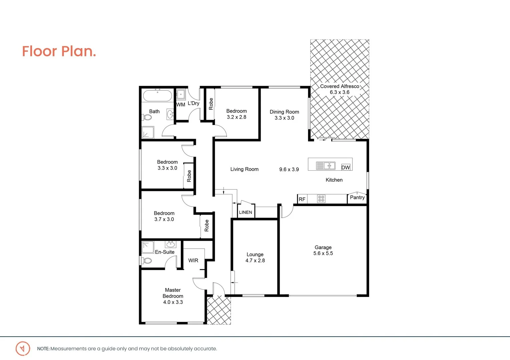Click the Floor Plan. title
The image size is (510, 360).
pyautogui.click(x=59, y=51)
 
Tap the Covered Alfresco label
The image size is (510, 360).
pyautogui.click(x=339, y=86)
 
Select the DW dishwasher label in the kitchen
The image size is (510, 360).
pyautogui.click(x=345, y=167)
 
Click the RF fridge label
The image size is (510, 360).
pyautogui.click(x=302, y=199)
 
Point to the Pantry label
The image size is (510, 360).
pyautogui.click(x=357, y=197)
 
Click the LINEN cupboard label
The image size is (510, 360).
pyautogui.click(x=246, y=212)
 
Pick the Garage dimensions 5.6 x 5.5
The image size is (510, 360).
pyautogui.click(x=323, y=253)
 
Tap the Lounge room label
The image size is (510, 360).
pyautogui.click(x=255, y=255)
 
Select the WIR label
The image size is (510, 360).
pyautogui.click(x=193, y=260)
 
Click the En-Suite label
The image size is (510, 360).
pyautogui.click(x=165, y=252)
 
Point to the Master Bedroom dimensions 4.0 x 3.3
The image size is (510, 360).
pyautogui.click(x=173, y=302)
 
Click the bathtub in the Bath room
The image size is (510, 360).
pyautogui.click(x=158, y=96)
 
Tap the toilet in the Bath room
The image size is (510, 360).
pyautogui.click(x=147, y=117)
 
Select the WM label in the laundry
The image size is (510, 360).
pyautogui.click(x=181, y=105)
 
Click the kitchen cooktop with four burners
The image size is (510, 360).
pyautogui.click(x=321, y=199)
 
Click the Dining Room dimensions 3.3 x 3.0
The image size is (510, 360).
pyautogui.click(x=284, y=118)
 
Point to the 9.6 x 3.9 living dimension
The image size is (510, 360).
pyautogui.click(x=289, y=169)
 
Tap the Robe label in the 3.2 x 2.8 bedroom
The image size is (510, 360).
pyautogui.click(x=211, y=104)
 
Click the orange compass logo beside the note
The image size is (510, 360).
pyautogui.click(x=23, y=349)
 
